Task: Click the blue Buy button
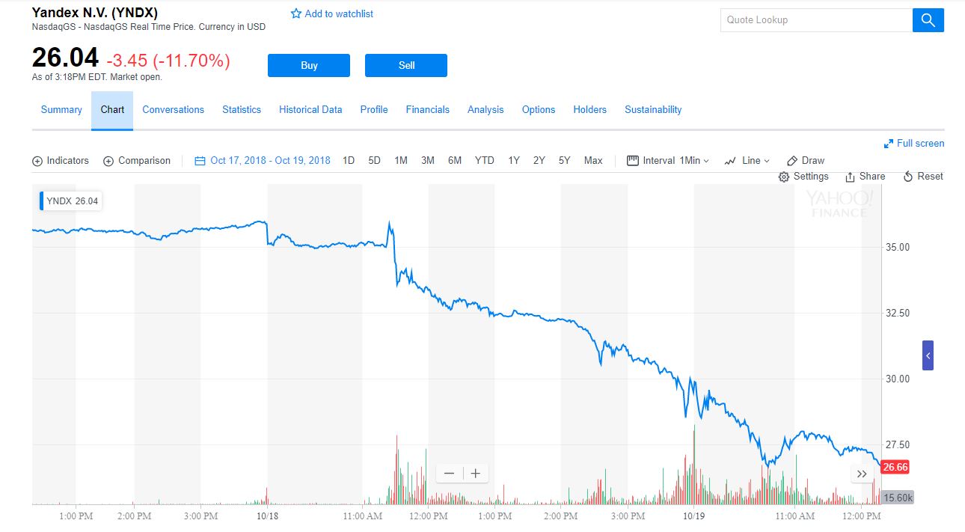308,65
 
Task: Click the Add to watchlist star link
331,13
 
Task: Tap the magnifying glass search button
928,20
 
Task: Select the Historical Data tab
310,109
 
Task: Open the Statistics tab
242,109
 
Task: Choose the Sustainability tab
653,109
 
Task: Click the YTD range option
484,160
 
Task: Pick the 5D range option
374,160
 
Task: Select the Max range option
593,160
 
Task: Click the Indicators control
61,160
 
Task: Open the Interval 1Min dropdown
668,160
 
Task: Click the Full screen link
914,143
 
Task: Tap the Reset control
923,176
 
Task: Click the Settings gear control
803,176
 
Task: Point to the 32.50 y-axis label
897,313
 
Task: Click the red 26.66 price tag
895,467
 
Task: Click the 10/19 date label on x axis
694,516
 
